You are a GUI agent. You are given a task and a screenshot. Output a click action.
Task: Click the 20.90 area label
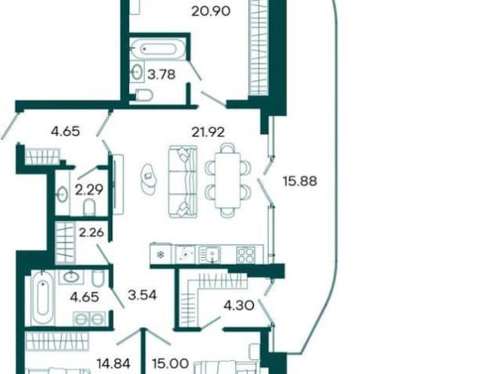(211, 12)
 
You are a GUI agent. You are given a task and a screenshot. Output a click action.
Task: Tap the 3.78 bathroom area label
(161, 75)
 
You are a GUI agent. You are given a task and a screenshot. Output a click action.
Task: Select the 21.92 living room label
(208, 132)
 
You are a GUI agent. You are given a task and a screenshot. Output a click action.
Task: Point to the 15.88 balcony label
(300, 181)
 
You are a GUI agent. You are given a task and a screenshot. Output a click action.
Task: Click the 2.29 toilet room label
(89, 190)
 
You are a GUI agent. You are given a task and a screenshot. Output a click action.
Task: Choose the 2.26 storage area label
(92, 232)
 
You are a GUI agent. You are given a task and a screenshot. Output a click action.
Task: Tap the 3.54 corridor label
(142, 295)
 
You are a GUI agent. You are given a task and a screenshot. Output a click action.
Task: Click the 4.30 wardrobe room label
(239, 306)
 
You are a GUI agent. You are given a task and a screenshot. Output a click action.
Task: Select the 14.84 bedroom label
(114, 364)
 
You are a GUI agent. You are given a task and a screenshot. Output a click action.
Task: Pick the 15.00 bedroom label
(170, 363)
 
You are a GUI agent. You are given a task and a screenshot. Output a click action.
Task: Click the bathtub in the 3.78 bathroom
(158, 49)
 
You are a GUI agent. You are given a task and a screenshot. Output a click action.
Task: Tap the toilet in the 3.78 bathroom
(145, 95)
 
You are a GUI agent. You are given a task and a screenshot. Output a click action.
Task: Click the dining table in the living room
(227, 180)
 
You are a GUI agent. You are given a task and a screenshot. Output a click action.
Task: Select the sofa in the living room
(183, 182)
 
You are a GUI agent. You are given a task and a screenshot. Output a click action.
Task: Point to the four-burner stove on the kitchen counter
(246, 255)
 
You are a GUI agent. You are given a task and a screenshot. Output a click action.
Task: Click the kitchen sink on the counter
(209, 255)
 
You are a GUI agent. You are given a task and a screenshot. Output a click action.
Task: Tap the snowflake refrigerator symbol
(161, 255)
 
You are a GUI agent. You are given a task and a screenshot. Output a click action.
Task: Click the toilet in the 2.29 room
(89, 207)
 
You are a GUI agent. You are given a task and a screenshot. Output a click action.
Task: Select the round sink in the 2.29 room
(61, 194)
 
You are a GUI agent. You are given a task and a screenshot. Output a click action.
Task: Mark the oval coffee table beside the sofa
(149, 178)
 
